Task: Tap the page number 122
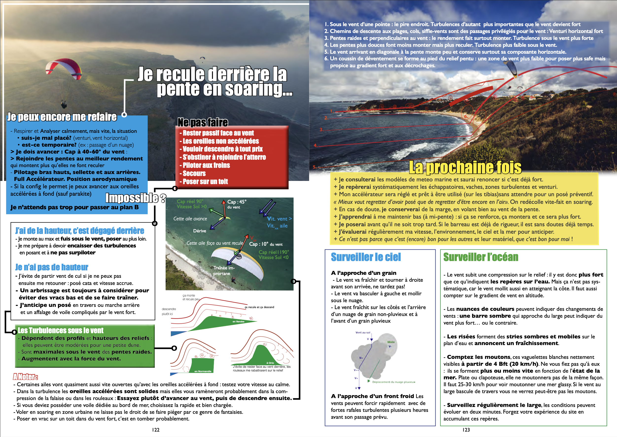[x=156, y=430]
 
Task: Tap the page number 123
[x=466, y=430]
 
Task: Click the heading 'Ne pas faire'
[x=203, y=122]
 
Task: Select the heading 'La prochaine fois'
[x=465, y=167]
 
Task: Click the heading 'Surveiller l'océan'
[x=481, y=257]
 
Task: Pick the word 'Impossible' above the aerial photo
[x=132, y=198]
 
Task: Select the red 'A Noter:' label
[x=25, y=376]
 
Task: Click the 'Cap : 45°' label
[x=237, y=202]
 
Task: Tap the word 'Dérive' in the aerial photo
[x=200, y=231]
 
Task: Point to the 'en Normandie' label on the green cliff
[x=203, y=371]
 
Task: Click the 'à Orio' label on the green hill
[x=270, y=363]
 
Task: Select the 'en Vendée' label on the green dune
[x=238, y=321]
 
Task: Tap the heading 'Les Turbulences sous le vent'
[x=61, y=331]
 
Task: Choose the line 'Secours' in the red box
[x=194, y=174]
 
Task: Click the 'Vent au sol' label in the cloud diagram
[x=363, y=332]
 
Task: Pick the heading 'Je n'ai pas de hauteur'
[x=52, y=267]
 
